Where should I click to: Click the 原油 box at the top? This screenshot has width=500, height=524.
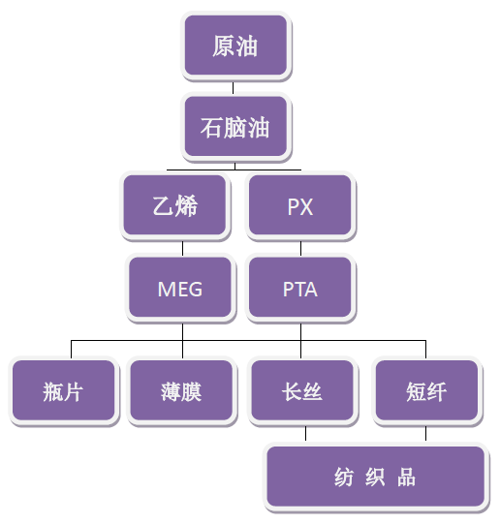click(x=236, y=46)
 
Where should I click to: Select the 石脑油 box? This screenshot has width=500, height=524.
click(x=236, y=127)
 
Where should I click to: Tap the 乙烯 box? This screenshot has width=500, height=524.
click(x=174, y=205)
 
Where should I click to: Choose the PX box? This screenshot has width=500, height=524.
click(x=300, y=205)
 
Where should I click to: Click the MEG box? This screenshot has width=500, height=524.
click(x=180, y=288)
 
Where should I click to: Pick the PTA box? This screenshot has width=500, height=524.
click(x=300, y=288)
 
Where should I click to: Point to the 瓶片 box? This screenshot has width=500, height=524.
click(x=64, y=391)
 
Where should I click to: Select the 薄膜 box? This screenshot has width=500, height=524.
click(x=181, y=391)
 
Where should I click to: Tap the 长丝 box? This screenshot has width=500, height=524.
click(x=302, y=391)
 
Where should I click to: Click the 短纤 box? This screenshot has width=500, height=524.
click(x=426, y=391)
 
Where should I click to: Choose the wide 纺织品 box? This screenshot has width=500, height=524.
click(x=376, y=477)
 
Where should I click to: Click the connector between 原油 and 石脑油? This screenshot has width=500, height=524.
click(x=233, y=87)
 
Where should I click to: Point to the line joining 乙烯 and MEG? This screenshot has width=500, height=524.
click(x=182, y=248)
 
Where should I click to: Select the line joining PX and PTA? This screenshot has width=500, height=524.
click(x=300, y=248)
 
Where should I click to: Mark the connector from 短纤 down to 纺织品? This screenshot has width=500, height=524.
click(x=425, y=434)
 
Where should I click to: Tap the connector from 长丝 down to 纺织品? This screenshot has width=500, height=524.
click(x=305, y=434)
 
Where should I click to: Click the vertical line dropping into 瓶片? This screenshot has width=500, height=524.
click(x=71, y=350)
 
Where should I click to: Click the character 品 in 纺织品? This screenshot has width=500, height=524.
click(x=406, y=477)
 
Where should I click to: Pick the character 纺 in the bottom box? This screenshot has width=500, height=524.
click(x=344, y=477)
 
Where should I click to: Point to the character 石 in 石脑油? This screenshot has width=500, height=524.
click(x=211, y=127)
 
